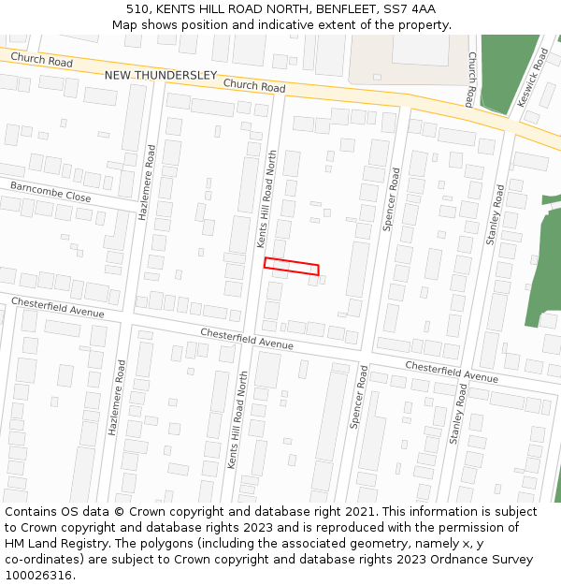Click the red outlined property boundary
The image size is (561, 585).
pyautogui.click(x=291, y=267)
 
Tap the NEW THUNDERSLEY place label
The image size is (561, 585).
pyautogui.click(x=160, y=75)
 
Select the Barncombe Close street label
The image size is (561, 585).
pyautogui.click(x=50, y=192)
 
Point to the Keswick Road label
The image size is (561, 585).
pyautogui.click(x=533, y=78)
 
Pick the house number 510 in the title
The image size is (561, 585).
pyautogui.click(x=139, y=9)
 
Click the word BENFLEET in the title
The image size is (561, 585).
pyautogui.click(x=346, y=9)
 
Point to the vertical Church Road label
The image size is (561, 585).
pyautogui.click(x=472, y=80)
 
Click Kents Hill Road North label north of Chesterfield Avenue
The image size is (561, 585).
pyautogui.click(x=267, y=198)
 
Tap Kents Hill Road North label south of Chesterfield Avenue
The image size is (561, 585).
pyautogui.click(x=237, y=421)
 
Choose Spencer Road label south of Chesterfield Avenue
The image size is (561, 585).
pyautogui.click(x=358, y=398)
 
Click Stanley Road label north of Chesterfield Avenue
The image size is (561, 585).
pyautogui.click(x=494, y=214)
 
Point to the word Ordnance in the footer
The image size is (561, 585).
pyautogui.click(x=476, y=560)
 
